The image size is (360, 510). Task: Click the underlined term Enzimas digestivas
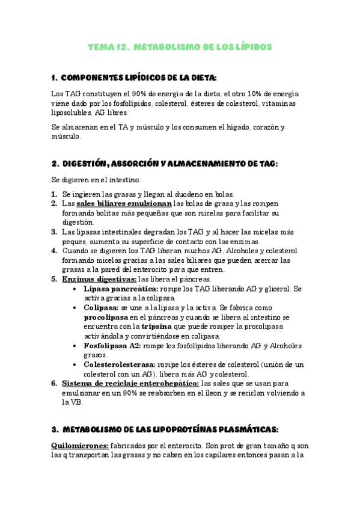click(99, 279)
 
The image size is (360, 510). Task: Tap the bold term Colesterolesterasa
click(120, 364)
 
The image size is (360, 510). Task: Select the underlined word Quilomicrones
click(79, 446)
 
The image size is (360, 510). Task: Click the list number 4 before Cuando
click(54, 251)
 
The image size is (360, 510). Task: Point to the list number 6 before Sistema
click(54, 382)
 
